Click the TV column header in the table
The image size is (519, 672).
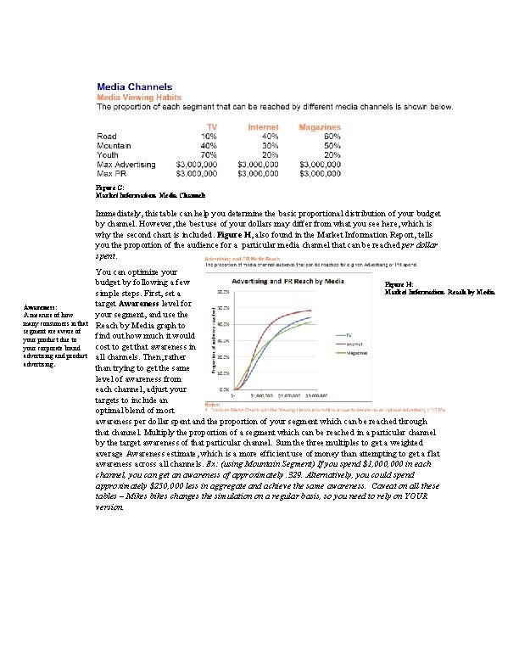click(208, 126)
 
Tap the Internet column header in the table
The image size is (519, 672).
click(263, 126)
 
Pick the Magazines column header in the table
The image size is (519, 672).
click(320, 126)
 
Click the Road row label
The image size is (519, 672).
click(107, 136)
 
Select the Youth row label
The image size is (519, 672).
click(109, 154)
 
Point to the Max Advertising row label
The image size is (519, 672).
click(126, 164)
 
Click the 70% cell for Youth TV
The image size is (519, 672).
click(208, 154)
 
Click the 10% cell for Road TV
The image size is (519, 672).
click(208, 136)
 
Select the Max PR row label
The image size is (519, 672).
click(113, 173)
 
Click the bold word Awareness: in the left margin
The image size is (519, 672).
click(41, 308)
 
